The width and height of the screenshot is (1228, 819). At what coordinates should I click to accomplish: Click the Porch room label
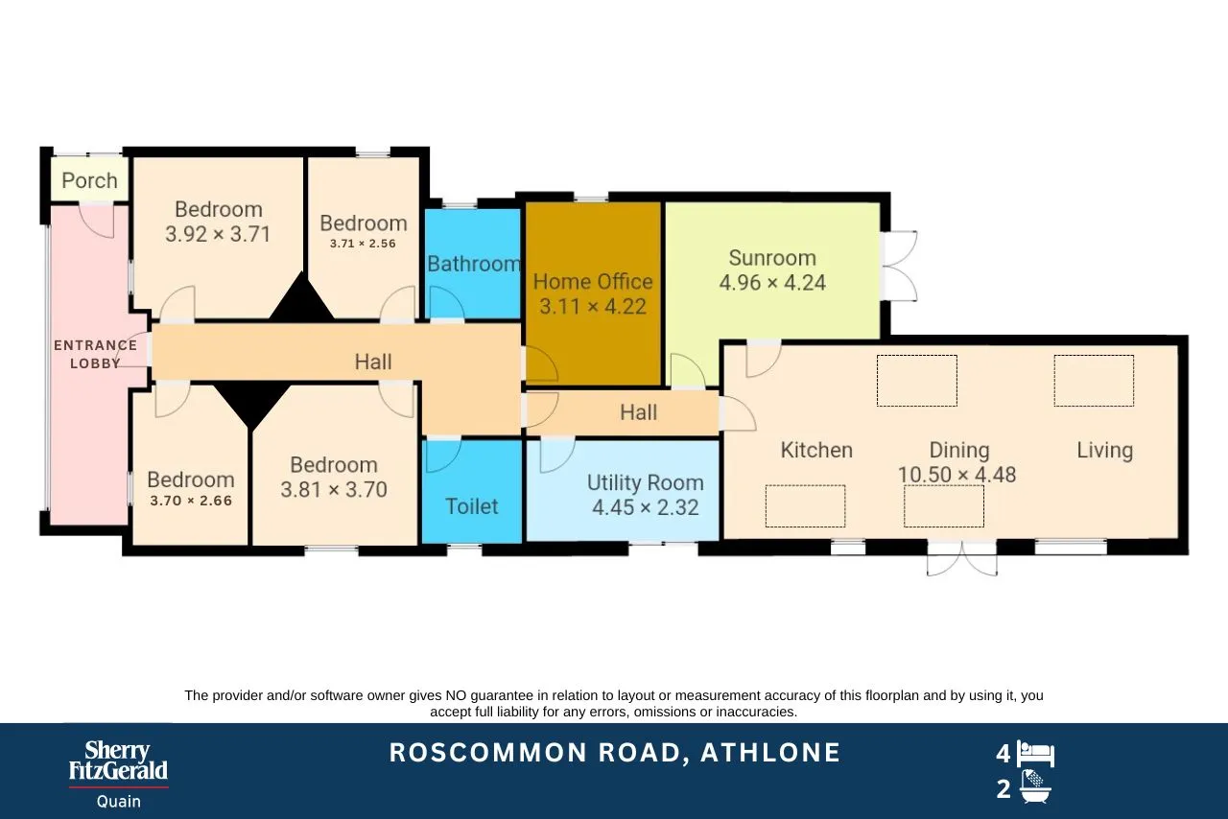[89, 180]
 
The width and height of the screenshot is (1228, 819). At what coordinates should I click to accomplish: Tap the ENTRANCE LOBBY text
[95, 354]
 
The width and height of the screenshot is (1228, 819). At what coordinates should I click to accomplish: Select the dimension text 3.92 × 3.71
[218, 234]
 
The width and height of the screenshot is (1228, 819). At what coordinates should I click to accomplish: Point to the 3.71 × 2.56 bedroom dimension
[363, 244]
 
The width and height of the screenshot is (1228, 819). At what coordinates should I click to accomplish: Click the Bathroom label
[474, 264]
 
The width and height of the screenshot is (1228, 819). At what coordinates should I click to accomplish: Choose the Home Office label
[593, 281]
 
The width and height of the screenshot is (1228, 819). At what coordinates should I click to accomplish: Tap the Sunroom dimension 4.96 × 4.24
[772, 282]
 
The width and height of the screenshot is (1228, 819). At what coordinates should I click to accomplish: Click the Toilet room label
[471, 506]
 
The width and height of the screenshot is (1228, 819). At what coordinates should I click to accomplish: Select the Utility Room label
[646, 482]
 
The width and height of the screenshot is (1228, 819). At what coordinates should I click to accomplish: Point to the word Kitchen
[816, 450]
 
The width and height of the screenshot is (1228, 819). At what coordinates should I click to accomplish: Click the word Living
[1104, 450]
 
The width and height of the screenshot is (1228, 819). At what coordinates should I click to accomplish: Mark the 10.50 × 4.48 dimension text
[956, 475]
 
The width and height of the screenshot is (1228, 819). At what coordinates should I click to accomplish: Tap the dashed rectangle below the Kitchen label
[805, 506]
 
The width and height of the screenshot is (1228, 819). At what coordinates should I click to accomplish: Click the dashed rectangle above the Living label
[1095, 381]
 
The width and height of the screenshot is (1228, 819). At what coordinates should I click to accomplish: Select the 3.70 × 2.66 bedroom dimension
[191, 501]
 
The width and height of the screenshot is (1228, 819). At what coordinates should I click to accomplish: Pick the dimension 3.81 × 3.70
[334, 489]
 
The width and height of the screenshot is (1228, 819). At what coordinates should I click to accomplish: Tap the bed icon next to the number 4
[1035, 754]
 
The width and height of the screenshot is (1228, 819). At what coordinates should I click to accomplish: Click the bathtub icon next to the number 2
[1035, 786]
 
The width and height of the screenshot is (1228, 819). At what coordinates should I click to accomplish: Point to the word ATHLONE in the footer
[770, 753]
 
